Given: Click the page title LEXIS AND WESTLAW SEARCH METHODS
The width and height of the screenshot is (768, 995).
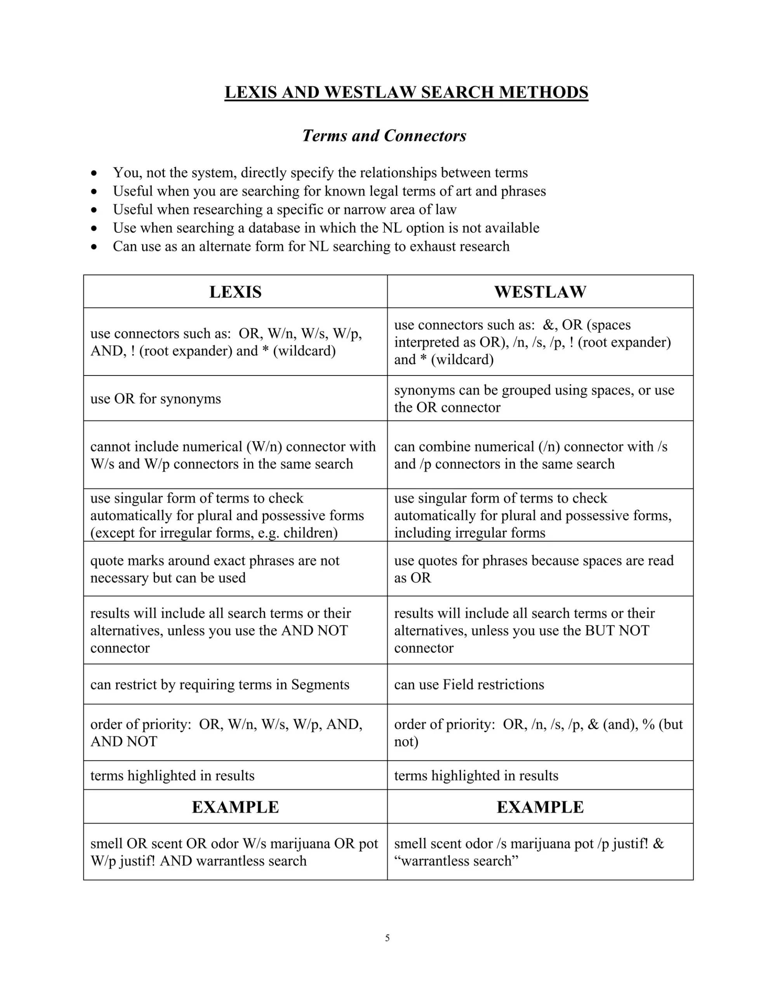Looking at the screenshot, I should point(406,92).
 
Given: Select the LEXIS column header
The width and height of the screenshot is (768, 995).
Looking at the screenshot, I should point(235,292).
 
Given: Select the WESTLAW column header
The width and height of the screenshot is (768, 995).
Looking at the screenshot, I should point(540,292).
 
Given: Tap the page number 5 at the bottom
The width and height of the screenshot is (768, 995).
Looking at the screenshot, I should point(387,937).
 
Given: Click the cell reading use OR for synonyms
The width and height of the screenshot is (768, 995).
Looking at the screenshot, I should point(156,399).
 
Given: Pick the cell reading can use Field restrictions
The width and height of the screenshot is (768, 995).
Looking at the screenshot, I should point(469,684).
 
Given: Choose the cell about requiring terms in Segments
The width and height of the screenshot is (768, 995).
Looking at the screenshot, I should point(220,684).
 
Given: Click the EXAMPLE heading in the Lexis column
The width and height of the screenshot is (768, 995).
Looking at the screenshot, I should point(235,807).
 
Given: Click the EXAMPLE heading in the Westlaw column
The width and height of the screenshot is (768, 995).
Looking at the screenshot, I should point(540,807).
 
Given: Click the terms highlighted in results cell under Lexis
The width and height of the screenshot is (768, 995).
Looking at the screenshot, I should point(172,775).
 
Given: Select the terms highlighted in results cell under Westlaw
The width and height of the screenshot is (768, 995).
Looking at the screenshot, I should point(476,775).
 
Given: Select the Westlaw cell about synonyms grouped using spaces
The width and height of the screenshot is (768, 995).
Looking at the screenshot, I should point(534,399).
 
